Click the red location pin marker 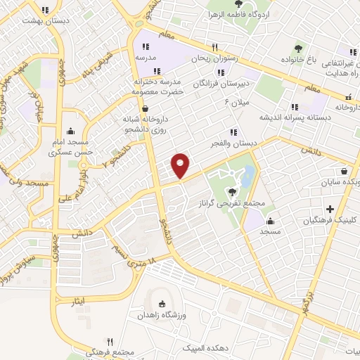181,165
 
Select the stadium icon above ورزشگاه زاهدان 163,304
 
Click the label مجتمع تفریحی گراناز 231,203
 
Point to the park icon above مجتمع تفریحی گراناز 231,191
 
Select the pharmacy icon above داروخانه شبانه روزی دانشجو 146,109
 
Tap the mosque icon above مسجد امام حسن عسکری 70,131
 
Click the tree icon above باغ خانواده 298,49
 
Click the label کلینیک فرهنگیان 330,220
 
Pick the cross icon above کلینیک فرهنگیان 330,208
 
